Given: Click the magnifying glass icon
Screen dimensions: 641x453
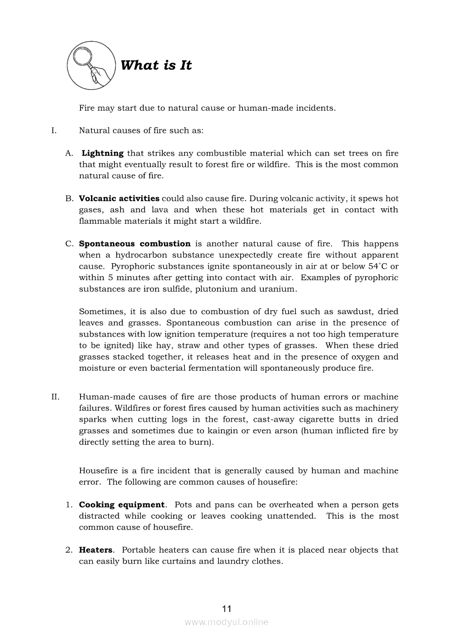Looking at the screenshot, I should [92, 66].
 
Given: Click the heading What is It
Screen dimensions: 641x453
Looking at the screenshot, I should [156, 65].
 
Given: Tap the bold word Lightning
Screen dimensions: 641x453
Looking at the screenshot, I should [103, 154].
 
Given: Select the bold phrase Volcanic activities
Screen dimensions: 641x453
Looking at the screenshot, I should [119, 198].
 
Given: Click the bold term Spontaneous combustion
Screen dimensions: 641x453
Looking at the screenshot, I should [134, 243].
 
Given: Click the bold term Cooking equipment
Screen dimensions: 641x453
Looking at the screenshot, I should [121, 504].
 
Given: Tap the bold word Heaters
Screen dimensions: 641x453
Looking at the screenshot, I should [95, 549].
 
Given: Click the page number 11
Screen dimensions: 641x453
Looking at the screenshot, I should [227, 609].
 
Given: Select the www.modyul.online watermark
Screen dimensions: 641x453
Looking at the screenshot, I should [226, 622].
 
